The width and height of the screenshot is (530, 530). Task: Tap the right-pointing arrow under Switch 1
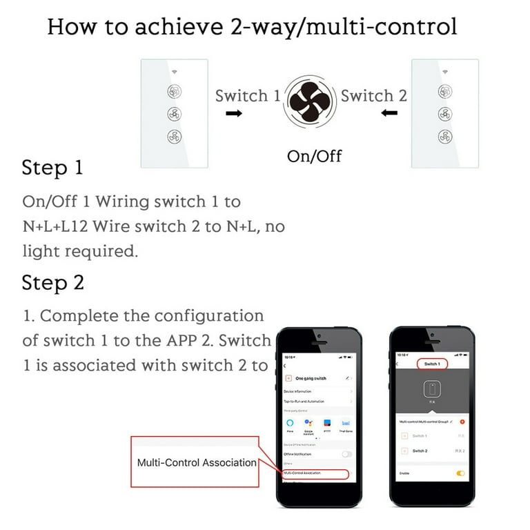[x=235, y=112]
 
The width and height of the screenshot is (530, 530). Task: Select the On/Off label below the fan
[x=314, y=156]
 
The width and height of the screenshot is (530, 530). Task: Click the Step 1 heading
[x=52, y=168]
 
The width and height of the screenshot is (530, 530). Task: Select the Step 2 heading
[x=52, y=282]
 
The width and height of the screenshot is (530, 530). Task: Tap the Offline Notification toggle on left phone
[x=346, y=454]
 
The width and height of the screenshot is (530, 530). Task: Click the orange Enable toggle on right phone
[x=460, y=473]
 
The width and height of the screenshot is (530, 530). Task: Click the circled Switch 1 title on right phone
[x=432, y=363]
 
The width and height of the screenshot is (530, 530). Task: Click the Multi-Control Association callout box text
[x=197, y=462]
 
